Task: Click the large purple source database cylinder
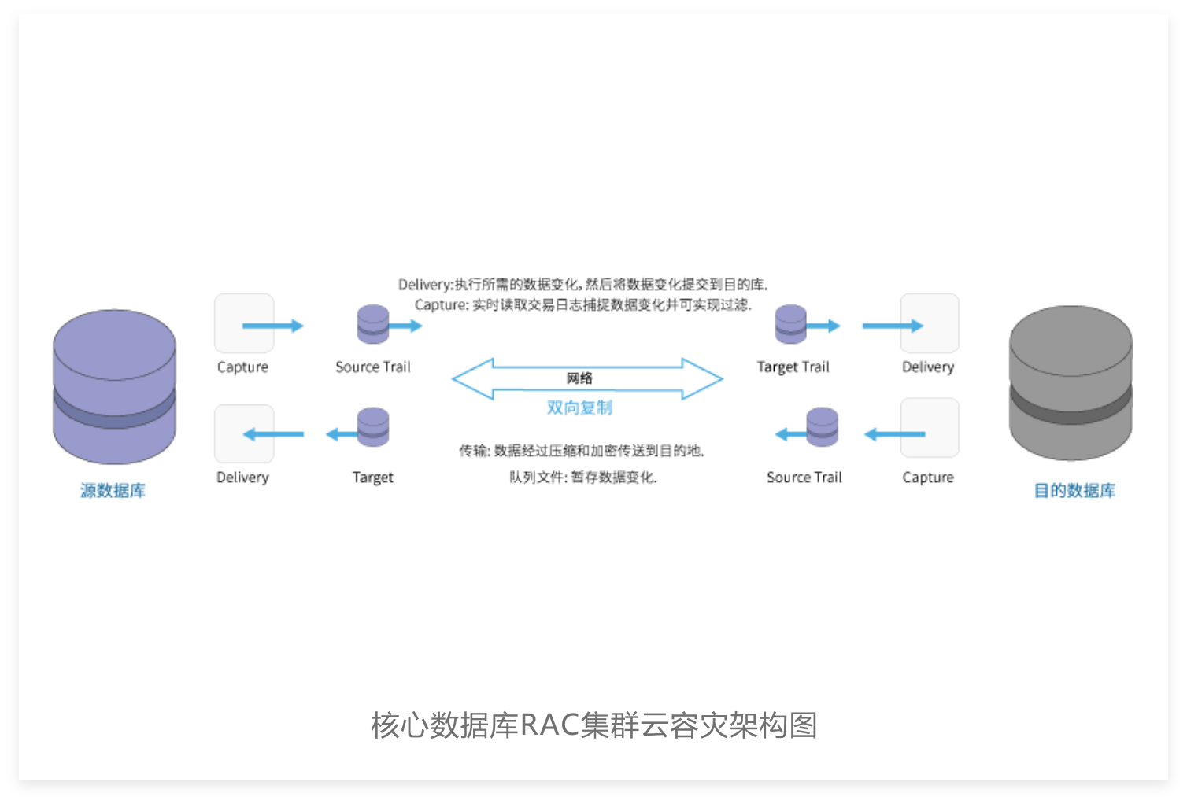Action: pos(114,386)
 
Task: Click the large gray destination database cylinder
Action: pos(1071,383)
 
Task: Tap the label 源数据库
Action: pos(113,490)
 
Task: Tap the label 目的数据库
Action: pos(1074,490)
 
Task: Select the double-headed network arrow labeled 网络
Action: pos(587,378)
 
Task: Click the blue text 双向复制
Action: pos(579,408)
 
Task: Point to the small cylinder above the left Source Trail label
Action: pos(373,324)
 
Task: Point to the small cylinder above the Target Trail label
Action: pos(790,324)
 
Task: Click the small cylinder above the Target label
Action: pos(373,427)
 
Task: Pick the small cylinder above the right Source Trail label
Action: pos(822,427)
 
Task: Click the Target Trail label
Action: pos(793,367)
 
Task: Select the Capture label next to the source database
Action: pos(242,367)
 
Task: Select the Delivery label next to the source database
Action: pos(242,478)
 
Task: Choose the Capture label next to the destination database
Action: pos(928,478)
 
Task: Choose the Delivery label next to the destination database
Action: pos(928,367)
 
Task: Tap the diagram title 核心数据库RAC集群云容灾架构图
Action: pos(594,725)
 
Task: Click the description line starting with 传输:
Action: pos(582,451)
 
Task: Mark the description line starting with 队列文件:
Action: pos(583,478)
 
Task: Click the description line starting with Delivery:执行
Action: pos(583,285)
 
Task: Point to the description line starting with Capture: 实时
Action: pos(583,304)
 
